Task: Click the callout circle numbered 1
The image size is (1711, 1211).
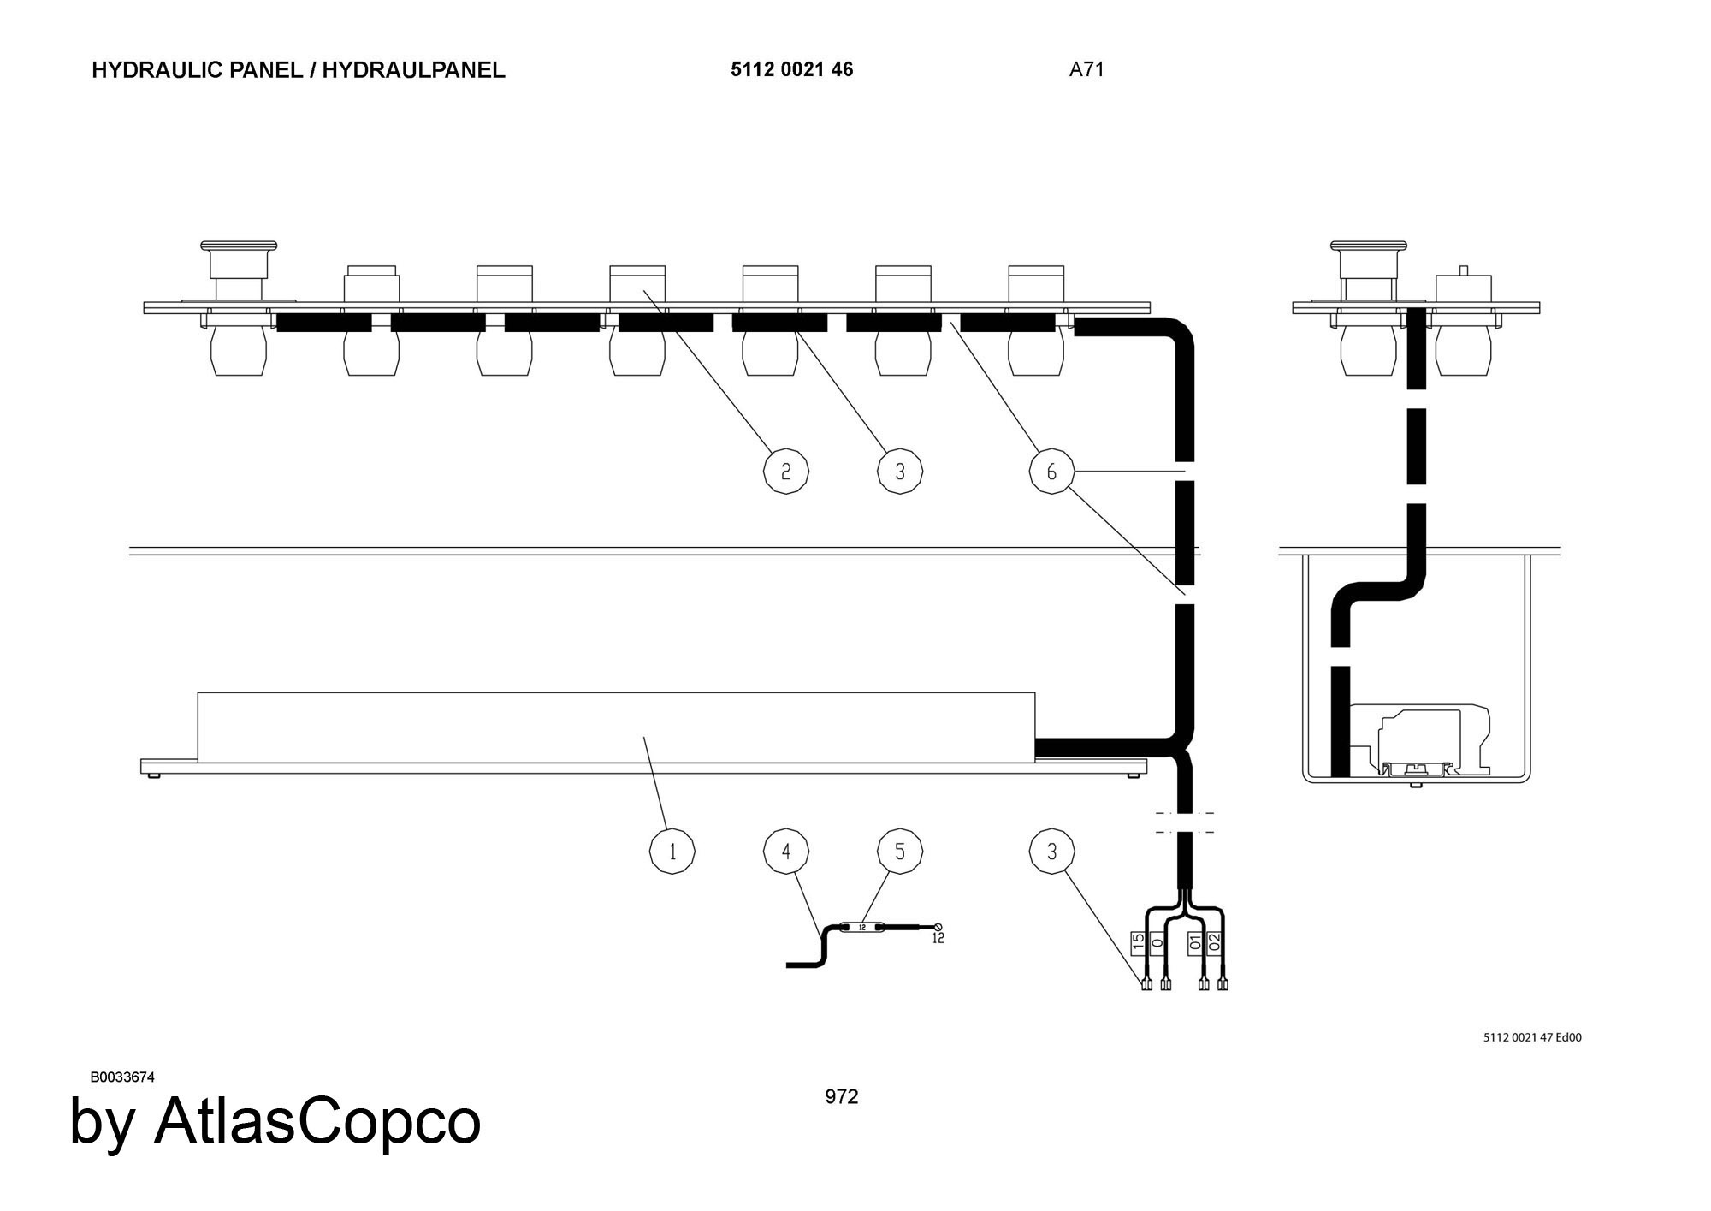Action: (x=672, y=852)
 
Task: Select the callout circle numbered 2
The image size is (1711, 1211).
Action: (x=785, y=472)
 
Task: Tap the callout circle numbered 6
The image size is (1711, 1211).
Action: (x=1051, y=472)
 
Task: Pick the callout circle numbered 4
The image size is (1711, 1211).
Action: (x=785, y=852)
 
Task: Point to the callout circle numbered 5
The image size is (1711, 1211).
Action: (x=899, y=852)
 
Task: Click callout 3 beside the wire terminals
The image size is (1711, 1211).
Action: (x=1051, y=852)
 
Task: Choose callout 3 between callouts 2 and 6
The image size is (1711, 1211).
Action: (x=899, y=472)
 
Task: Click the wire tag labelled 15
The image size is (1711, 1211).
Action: (x=1139, y=943)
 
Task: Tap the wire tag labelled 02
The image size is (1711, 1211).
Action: (x=1215, y=943)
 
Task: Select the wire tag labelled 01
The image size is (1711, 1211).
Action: (x=1196, y=943)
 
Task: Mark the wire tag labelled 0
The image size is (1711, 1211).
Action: (x=1157, y=943)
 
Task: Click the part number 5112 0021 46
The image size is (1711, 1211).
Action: (x=791, y=70)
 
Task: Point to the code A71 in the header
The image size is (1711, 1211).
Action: (x=1086, y=70)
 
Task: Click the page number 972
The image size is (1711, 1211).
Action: (x=841, y=1097)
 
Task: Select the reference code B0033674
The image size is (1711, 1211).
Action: (x=122, y=1077)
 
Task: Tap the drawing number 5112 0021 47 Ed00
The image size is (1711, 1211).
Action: (x=1532, y=1038)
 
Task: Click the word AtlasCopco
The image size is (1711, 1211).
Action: (x=317, y=1121)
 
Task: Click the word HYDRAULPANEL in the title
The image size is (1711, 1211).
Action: (x=413, y=70)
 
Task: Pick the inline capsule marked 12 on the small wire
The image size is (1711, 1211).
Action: (x=861, y=927)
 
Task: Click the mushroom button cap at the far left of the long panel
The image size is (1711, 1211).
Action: (x=239, y=247)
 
